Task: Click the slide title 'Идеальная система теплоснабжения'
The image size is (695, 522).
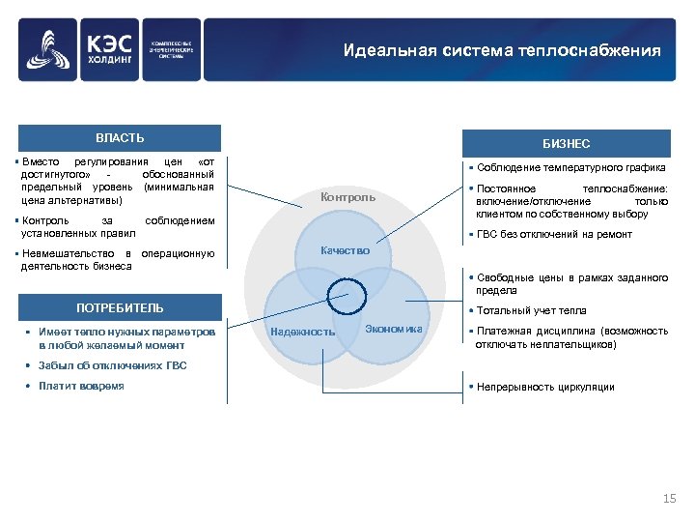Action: (502, 50)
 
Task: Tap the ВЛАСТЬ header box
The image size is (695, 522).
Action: (120, 138)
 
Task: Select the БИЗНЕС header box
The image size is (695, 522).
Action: (566, 143)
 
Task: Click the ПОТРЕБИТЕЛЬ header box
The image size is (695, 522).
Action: (120, 308)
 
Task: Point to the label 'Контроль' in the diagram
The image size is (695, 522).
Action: (348, 197)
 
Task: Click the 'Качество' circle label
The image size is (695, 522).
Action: (345, 250)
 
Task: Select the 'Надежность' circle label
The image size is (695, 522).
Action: (303, 332)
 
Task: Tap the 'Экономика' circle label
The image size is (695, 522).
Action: (394, 329)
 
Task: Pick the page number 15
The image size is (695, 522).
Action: (670, 498)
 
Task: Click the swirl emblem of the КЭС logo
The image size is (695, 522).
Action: (49, 52)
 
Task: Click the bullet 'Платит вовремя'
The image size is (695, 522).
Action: (81, 386)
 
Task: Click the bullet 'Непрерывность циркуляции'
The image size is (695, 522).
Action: (544, 387)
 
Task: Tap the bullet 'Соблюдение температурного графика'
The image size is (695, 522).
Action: (570, 167)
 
